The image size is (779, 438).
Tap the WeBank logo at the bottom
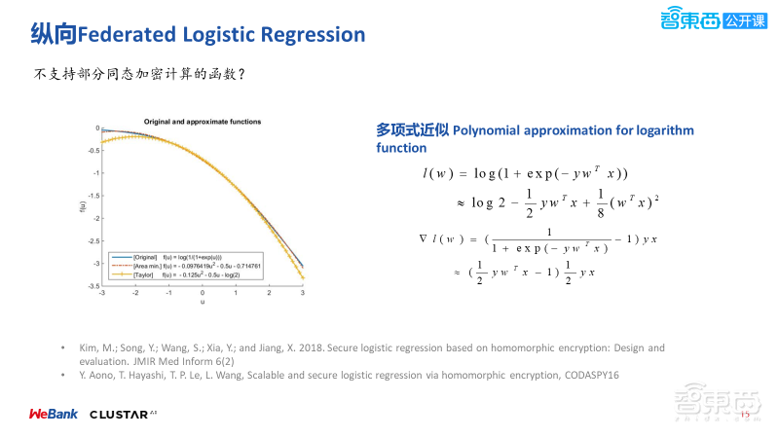tap(51, 414)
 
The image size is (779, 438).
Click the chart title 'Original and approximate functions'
tap(203, 121)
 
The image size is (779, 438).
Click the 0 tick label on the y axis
tap(97, 128)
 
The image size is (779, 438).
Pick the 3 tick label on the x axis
tap(304, 293)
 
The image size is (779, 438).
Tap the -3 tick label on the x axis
tap(103, 293)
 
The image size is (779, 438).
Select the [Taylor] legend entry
tap(175, 275)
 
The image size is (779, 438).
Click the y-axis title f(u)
tap(81, 206)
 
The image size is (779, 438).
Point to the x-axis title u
tap(203, 302)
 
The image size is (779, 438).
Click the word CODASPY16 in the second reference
tap(587, 375)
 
